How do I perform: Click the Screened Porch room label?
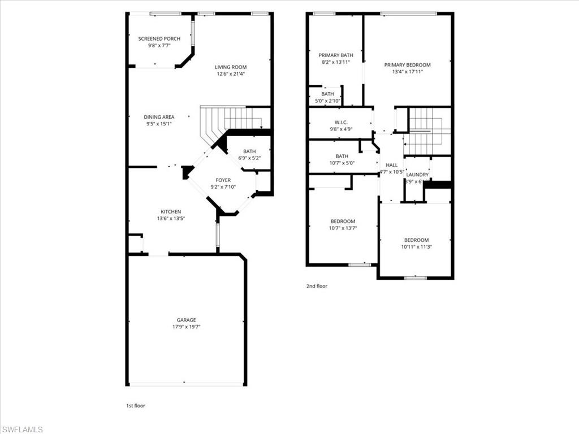pos(159,38)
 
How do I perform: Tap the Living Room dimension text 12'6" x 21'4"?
pos(231,73)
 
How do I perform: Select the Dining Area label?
pos(159,117)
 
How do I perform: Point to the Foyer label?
pos(223,180)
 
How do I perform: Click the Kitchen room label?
pos(170,212)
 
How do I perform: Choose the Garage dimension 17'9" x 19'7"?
pos(186,327)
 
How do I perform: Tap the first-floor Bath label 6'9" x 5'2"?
pos(249,158)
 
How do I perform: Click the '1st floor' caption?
pos(136,405)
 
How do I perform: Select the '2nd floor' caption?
pos(317,286)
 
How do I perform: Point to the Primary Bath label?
pos(336,55)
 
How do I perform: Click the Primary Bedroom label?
pos(407,65)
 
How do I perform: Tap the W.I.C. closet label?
pos(341,122)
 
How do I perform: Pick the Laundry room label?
pos(417,175)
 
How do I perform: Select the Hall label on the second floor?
pos(391,165)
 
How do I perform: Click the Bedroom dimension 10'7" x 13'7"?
pos(343,228)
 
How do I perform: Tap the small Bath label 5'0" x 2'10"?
pos(327,101)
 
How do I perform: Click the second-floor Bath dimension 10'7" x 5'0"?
pos(342,163)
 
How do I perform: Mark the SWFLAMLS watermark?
pos(22,429)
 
